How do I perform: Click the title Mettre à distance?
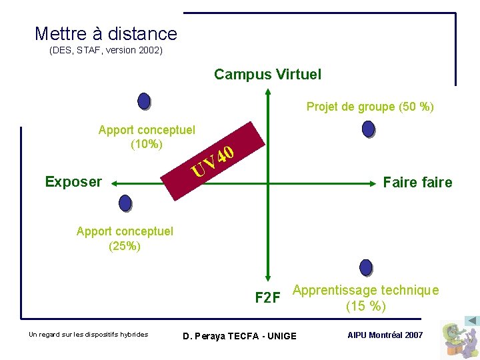coord(105,34)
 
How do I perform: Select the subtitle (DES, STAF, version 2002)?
coord(105,51)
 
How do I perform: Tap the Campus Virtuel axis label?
coord(267,75)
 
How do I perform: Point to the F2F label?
coord(267,297)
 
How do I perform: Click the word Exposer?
coord(73,181)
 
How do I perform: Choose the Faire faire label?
coord(417,182)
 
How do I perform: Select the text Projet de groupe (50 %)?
coord(370,107)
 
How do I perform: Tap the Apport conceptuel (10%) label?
coord(147,137)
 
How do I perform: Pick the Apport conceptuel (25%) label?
coord(125,238)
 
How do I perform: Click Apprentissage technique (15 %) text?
coord(365,298)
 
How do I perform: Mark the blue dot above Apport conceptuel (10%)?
coord(144,101)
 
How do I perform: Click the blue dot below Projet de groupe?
coord(368,129)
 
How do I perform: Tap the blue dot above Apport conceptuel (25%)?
coord(125,203)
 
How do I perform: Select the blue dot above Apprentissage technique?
coord(365,267)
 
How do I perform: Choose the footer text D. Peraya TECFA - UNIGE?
coord(239,335)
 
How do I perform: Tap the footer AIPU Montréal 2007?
coord(385,335)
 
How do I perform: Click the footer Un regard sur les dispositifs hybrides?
coord(88,334)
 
